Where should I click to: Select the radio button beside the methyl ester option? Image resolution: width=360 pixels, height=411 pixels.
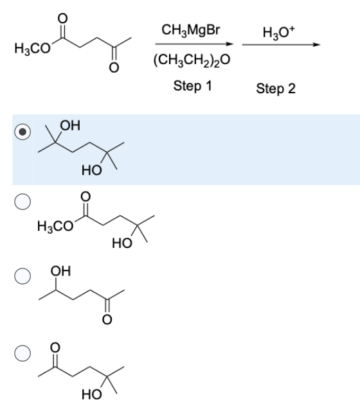click(x=22, y=202)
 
